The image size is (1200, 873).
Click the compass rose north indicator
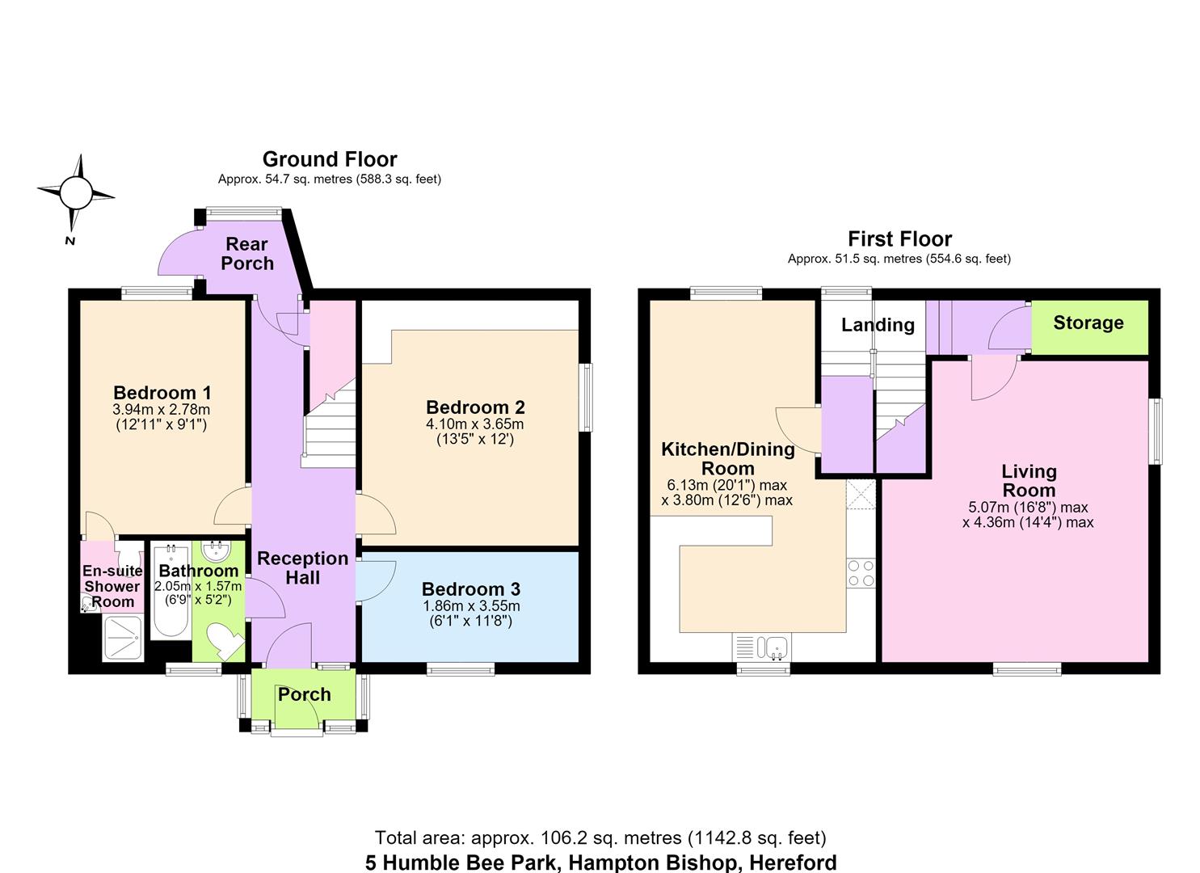click(x=70, y=241)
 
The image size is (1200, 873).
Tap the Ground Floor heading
click(x=330, y=159)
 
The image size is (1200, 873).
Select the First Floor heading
click(x=900, y=238)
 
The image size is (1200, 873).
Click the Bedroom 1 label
click(x=162, y=393)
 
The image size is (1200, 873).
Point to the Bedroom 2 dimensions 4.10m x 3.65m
click(x=475, y=424)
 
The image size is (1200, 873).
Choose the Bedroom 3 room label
click(x=471, y=589)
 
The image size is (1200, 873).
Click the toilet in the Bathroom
click(x=225, y=640)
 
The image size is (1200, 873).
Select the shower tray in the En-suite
click(x=123, y=638)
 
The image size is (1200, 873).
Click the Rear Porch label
click(x=247, y=254)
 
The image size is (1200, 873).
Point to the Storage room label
click(x=1088, y=323)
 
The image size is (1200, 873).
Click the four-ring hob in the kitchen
click(x=861, y=573)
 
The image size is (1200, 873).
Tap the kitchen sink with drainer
click(x=761, y=647)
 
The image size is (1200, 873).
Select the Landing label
click(x=878, y=325)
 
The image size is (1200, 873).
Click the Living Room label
click(x=1029, y=481)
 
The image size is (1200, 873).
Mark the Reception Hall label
click(x=303, y=568)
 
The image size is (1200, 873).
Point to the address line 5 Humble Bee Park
click(x=463, y=862)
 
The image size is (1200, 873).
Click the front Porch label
click(x=305, y=694)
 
